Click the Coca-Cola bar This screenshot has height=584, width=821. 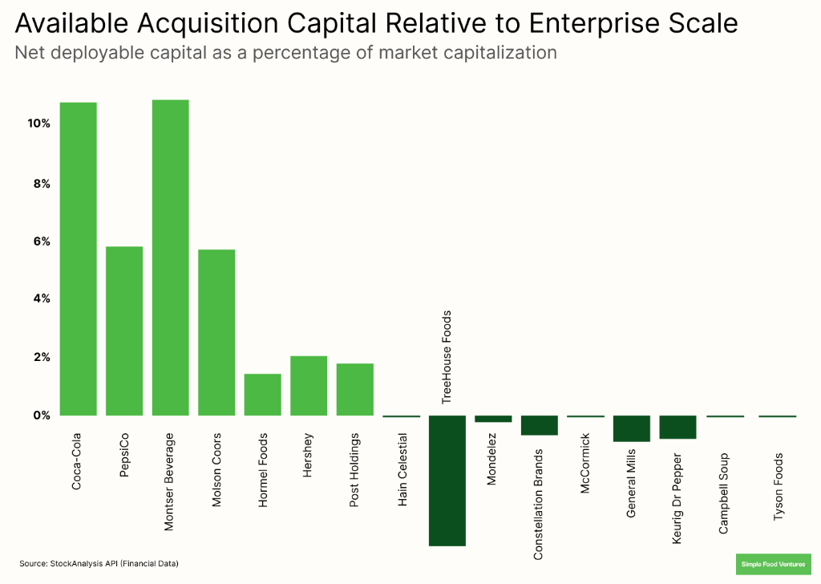coord(78,258)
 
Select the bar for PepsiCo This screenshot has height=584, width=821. coord(124,331)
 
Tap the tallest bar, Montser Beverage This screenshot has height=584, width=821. coord(170,258)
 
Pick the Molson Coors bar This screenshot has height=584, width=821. coord(216,332)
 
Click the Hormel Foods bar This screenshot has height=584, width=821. coord(262,394)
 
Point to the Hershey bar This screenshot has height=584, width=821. coord(309,385)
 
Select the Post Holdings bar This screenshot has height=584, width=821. coord(354,389)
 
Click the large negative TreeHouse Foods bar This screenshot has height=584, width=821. coord(447,480)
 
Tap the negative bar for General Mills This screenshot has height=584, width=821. coord(631,428)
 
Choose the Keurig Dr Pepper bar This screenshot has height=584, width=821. coord(677,427)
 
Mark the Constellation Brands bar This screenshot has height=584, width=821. coord(539,425)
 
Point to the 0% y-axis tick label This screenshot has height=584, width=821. coord(41,416)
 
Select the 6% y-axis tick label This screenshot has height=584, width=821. coord(41,241)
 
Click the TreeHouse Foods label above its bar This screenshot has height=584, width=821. coord(447,355)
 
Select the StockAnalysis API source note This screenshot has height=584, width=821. coord(99,564)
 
